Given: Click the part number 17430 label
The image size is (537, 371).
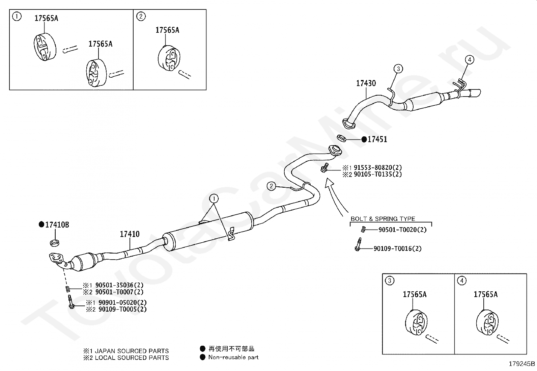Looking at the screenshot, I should point(366,83).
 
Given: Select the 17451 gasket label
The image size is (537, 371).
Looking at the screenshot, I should point(377,139).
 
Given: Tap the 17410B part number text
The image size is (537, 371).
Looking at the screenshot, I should point(57,224).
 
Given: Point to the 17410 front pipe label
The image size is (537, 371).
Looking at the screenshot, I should point(130,234).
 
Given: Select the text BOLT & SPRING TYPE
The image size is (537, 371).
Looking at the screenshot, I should point(383,219).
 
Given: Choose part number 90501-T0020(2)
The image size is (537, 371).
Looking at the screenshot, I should point(402,230).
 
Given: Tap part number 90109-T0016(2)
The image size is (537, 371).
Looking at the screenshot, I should point(397,249).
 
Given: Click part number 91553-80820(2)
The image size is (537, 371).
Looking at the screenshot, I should point(378,167).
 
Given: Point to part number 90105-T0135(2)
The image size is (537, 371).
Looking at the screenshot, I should point(378,174).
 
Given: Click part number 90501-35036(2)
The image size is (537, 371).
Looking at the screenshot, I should point(119,285).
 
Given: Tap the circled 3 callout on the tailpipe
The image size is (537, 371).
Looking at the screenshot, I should point(398,69).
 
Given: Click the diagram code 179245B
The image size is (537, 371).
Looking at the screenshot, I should point(522,364).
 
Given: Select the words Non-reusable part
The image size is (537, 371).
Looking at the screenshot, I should point(233,357).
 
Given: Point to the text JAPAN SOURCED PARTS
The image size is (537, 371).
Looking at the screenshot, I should point(132,351).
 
